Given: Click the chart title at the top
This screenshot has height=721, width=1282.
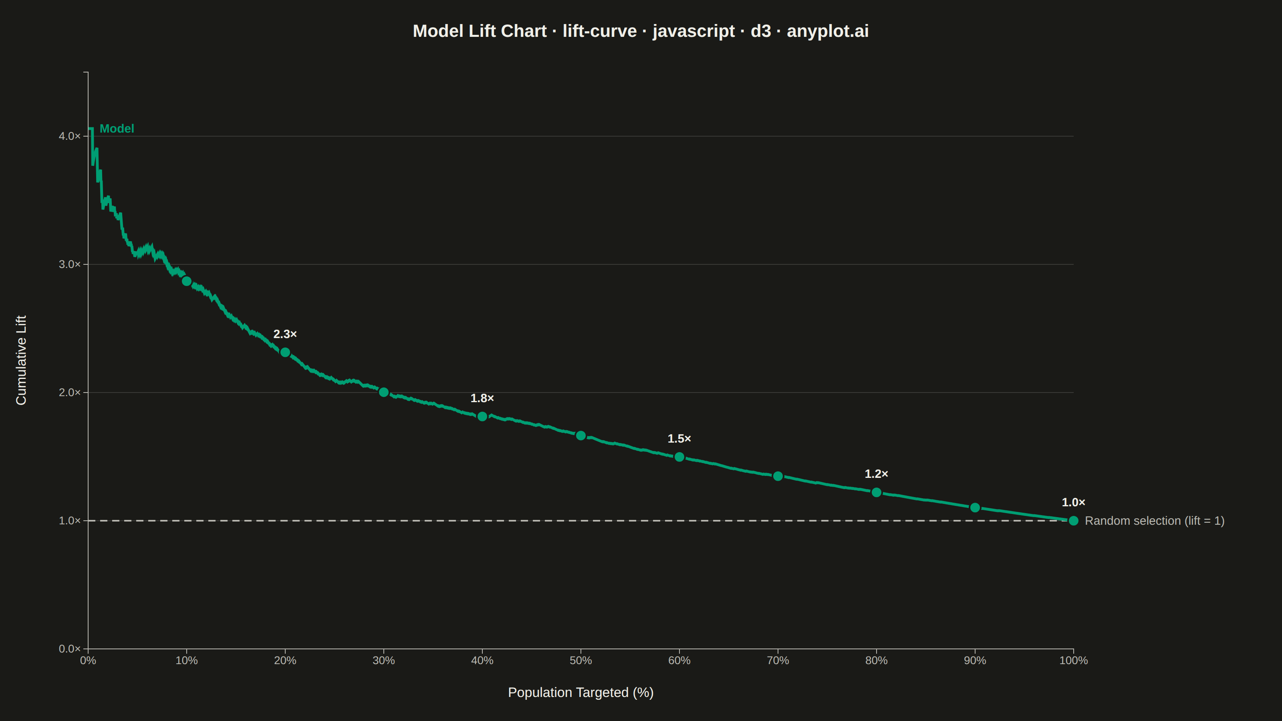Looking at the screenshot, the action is tap(641, 31).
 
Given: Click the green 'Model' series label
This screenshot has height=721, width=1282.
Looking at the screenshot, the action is tap(117, 128).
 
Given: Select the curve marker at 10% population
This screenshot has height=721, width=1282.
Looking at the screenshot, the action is tap(187, 281).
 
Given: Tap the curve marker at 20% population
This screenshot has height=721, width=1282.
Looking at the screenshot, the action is tap(285, 352).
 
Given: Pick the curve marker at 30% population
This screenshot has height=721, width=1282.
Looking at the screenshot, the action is tap(384, 392).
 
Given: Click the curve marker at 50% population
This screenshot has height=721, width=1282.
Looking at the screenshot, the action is tap(581, 435).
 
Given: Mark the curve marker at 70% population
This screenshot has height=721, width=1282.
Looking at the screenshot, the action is tap(778, 476).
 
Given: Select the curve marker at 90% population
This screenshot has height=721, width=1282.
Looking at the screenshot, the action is tap(975, 508).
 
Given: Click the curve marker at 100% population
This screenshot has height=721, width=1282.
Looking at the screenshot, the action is tap(1074, 520).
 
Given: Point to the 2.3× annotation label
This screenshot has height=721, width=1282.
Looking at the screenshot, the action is tap(285, 334).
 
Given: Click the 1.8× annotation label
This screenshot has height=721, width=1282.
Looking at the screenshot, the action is tap(482, 398).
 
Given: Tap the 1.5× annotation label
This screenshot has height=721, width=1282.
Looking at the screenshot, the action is tap(679, 438).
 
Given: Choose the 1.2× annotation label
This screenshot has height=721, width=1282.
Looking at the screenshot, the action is tap(877, 474).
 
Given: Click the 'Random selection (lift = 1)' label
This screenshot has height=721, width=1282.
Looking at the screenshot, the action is tap(1155, 520).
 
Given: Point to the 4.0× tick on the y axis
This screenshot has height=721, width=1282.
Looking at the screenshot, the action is tap(70, 136).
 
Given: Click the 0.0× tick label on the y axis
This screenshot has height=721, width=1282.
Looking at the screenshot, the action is tap(70, 649).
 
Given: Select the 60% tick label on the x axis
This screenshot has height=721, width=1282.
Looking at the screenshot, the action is tap(679, 660).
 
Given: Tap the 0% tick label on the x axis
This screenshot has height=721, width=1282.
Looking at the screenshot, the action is tap(88, 660).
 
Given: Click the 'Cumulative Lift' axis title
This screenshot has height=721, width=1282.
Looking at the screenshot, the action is tap(21, 360).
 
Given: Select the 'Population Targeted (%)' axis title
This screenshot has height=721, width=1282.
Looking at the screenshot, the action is tap(581, 692).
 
